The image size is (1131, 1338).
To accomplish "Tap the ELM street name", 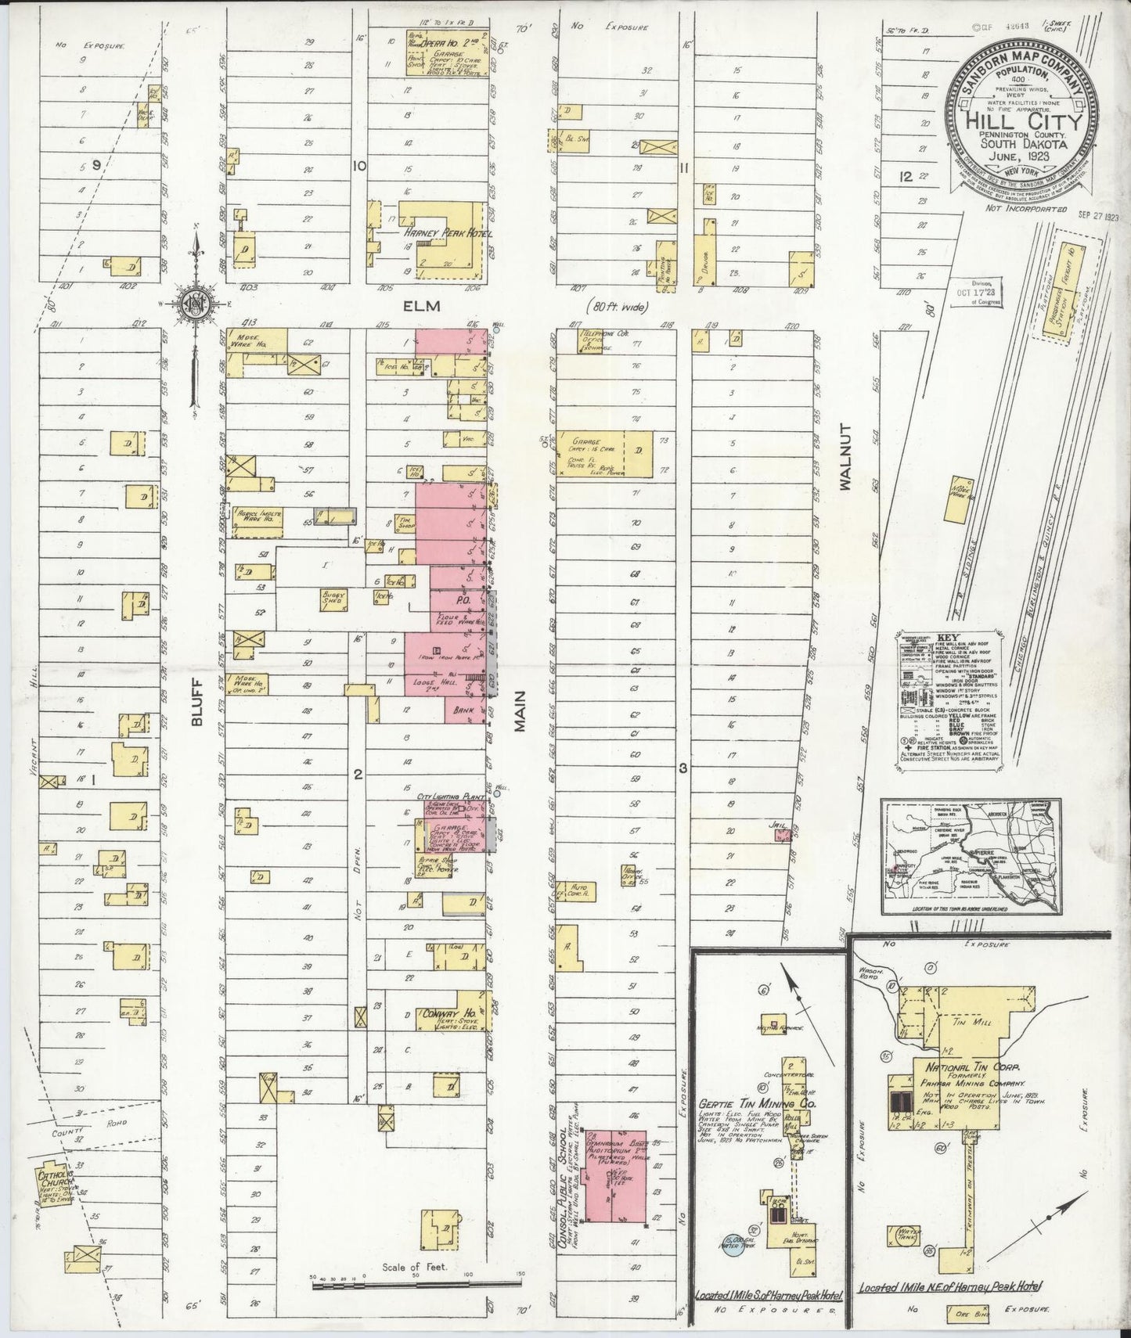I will [430, 308].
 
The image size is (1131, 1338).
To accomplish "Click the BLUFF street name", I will [197, 701].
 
